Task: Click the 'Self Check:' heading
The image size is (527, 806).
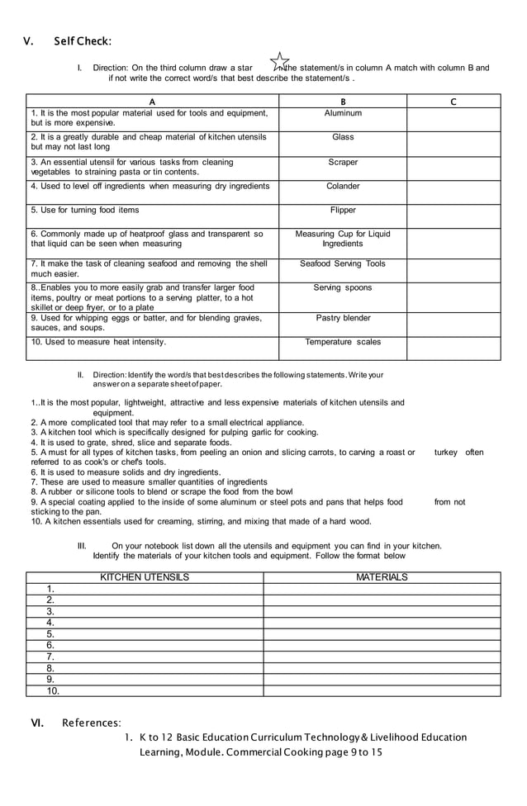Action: [x=83, y=41]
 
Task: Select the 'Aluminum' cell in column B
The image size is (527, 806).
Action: [x=343, y=113]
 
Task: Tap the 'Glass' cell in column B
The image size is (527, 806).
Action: [x=343, y=137]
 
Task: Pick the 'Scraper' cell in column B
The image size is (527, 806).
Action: [x=343, y=163]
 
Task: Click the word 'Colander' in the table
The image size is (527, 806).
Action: [x=343, y=187]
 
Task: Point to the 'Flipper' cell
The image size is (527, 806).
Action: [x=343, y=211]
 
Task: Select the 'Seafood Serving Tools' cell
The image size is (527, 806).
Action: [x=343, y=264]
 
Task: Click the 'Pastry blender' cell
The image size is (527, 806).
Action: [x=343, y=318]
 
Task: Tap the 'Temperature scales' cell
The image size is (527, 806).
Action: [x=343, y=342]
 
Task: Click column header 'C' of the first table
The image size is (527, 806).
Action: [x=453, y=102]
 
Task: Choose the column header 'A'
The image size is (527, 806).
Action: [x=152, y=102]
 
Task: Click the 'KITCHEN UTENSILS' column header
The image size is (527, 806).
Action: [x=145, y=577]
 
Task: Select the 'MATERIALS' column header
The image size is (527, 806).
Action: [x=382, y=577]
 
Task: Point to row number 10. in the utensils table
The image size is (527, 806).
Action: [x=53, y=691]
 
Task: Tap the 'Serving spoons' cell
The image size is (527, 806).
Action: [x=343, y=288]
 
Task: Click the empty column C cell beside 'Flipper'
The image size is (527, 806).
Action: [x=453, y=216]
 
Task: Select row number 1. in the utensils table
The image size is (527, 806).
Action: [x=51, y=589]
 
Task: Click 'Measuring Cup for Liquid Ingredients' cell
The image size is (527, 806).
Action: [x=343, y=239]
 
